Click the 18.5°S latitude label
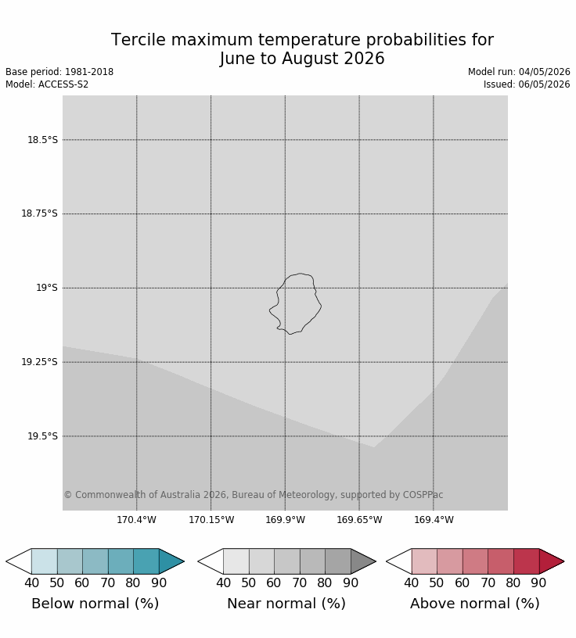(42, 140)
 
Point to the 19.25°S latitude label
(39, 362)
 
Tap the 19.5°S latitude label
(42, 436)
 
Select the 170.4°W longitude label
(136, 520)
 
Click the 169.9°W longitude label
(285, 520)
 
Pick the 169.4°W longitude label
(434, 520)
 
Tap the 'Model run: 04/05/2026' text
(519, 72)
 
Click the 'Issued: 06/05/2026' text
(527, 84)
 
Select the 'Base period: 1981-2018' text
(59, 72)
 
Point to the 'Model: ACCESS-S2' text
(47, 84)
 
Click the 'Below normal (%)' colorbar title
(95, 604)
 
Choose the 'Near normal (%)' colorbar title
(286, 604)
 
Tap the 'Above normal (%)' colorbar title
(475, 604)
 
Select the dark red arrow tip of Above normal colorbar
(563, 561)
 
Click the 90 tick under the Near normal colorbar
(351, 582)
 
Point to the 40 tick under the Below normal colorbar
(32, 582)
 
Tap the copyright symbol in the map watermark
(68, 495)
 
